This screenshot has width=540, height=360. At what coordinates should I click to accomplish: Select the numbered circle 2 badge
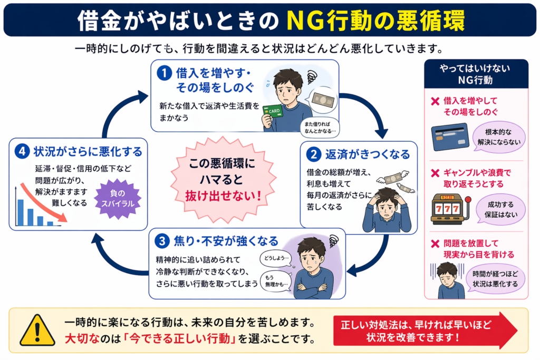(x=314, y=154)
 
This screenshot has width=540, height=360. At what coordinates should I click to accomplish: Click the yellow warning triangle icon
(x=37, y=330)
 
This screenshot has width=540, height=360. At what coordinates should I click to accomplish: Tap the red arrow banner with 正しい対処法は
(x=425, y=330)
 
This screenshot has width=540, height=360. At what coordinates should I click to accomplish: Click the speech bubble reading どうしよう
(x=276, y=258)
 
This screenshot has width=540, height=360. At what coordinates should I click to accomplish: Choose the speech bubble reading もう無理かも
(x=276, y=281)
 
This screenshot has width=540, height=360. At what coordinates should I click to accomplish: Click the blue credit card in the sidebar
(x=449, y=137)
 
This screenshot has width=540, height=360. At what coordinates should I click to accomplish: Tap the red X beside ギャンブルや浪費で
(x=435, y=172)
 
